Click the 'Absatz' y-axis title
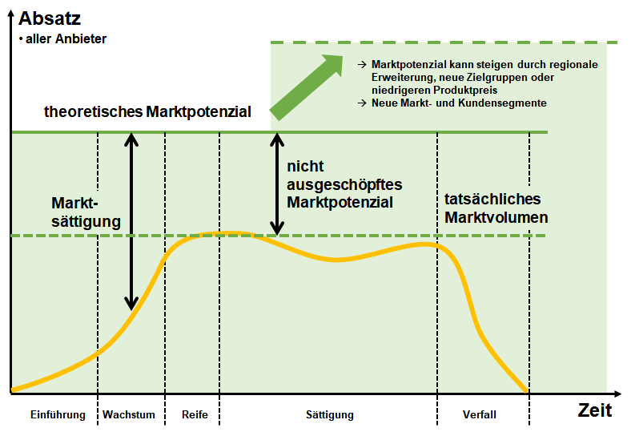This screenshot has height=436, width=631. (50, 18)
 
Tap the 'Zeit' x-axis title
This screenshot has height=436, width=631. (595, 410)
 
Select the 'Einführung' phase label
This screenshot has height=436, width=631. (58, 414)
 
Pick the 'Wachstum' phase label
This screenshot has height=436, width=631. (129, 414)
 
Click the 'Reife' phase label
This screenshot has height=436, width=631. (195, 414)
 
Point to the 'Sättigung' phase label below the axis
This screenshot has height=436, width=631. (330, 415)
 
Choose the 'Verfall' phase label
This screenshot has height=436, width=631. (480, 414)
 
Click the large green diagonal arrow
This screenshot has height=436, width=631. (307, 87)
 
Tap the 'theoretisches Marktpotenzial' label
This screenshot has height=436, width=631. (147, 111)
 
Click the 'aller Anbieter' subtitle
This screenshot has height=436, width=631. (62, 39)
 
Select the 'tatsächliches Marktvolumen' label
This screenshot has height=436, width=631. (496, 208)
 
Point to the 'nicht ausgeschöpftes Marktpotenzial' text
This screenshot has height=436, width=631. (344, 184)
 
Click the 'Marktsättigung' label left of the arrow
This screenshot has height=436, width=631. (86, 212)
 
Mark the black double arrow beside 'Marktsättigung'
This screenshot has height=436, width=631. (131, 221)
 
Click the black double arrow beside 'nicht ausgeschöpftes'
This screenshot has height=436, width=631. (277, 184)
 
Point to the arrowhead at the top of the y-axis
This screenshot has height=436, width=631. (11, 14)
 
